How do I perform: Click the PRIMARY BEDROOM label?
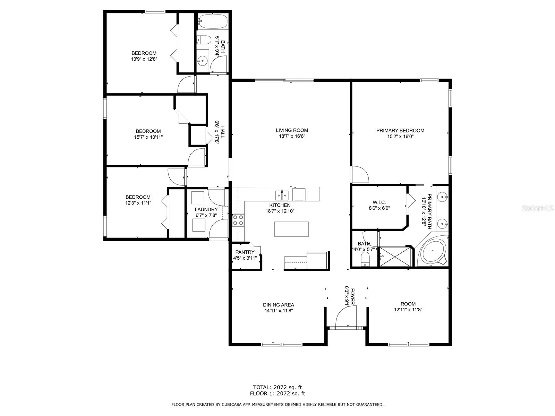coord(400,131)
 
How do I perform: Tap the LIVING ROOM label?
coord(292,130)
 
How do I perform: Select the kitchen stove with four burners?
coord(238,220)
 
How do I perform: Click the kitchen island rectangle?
coord(291,229)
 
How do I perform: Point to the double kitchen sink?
coord(282,195)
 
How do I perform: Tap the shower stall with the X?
coord(395,257)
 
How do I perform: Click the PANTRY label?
coord(245,252)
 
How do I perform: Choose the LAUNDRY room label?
coord(206,209)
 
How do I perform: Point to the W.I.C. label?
coord(379,202)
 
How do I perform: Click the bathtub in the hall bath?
coord(213,21)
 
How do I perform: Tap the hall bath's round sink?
coord(202,61)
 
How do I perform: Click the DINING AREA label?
coord(279,305)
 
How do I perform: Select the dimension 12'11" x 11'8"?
coord(408,310)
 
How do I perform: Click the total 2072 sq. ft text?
coord(277,387)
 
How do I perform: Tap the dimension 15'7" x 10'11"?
coord(148,137)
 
